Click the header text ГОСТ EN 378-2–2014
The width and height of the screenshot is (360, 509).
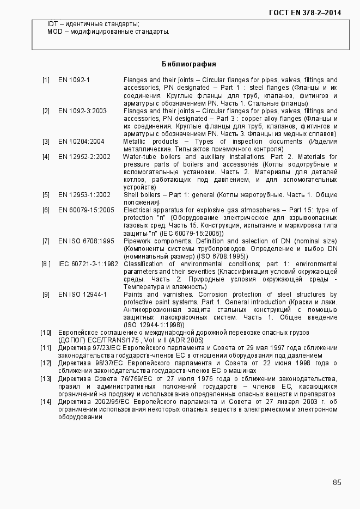(309, 12)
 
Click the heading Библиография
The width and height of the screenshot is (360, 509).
(189, 64)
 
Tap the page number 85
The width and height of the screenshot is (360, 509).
(337, 482)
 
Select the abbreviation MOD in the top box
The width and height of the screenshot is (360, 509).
(54, 32)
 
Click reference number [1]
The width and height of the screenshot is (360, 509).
(46, 80)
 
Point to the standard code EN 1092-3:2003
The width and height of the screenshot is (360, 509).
(82, 111)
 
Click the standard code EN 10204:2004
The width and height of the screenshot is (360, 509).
(81, 142)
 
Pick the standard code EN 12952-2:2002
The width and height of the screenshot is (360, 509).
(84, 157)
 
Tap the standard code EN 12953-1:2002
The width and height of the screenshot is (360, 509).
(84, 195)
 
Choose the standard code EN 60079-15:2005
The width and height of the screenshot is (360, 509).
(86, 210)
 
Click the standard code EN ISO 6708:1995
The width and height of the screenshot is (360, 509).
(86, 241)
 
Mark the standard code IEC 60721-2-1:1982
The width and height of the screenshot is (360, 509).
(88, 264)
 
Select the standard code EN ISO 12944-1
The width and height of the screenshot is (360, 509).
(82, 295)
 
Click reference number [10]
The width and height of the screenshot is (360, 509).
(46, 332)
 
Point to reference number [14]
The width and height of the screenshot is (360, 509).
(46, 402)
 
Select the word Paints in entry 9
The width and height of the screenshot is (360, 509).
(133, 295)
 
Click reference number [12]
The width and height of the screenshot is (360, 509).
(46, 363)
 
